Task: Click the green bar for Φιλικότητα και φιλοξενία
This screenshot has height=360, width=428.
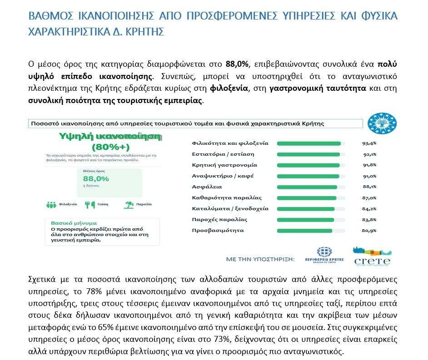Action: pyautogui.click(x=309, y=143)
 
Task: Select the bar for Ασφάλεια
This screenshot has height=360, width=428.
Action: pyautogui.click(x=307, y=187)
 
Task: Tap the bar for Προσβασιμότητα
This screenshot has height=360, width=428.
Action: pyautogui.click(x=304, y=231)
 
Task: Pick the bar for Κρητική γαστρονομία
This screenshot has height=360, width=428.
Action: pyautogui.click(x=308, y=165)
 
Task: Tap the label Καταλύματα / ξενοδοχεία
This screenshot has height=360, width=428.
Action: pyautogui.click(x=230, y=209)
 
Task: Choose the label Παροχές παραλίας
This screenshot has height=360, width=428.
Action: pyautogui.click(x=219, y=220)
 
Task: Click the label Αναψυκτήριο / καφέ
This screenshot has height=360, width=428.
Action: pyautogui.click(x=223, y=176)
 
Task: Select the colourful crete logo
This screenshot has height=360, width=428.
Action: pyautogui.click(x=372, y=256)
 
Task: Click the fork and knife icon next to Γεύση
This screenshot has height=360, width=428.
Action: pyautogui.click(x=90, y=205)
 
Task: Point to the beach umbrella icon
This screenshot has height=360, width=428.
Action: pyautogui.click(x=129, y=205)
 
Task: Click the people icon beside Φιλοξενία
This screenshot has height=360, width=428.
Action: pyautogui.click(x=51, y=205)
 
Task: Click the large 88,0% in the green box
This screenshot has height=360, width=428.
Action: pyautogui.click(x=95, y=178)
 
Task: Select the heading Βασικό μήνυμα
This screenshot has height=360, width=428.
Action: pyautogui.click(x=74, y=223)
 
